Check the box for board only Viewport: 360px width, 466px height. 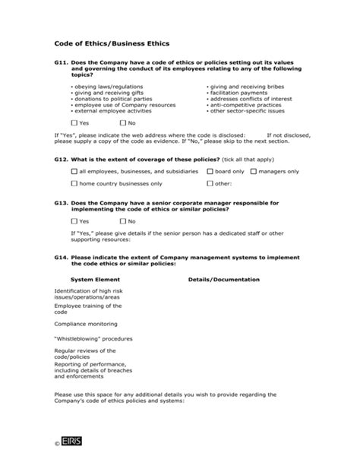click(210, 172)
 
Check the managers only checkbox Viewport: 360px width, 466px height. click(254, 172)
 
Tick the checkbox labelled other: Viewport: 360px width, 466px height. click(210, 183)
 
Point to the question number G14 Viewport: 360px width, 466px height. click(62, 258)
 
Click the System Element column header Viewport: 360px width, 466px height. click(90, 279)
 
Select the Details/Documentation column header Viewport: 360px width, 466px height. click(223, 279)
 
